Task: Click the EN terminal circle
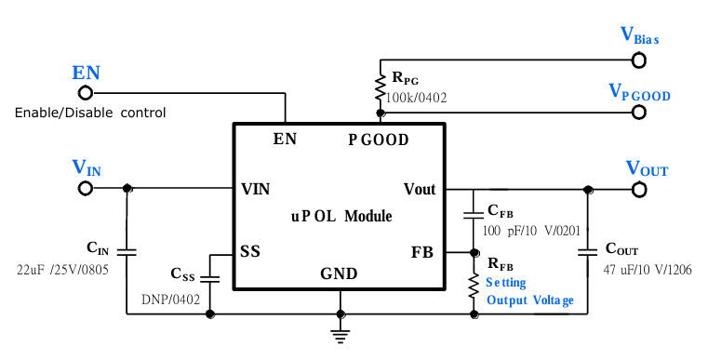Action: point(86,93)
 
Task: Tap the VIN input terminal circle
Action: point(86,188)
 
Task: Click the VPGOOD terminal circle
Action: point(639,112)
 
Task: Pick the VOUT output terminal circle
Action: point(639,189)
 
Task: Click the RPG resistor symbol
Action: point(380,87)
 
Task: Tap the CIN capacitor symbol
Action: point(127,251)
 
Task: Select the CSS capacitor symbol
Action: point(210,277)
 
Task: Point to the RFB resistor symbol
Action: point(474,282)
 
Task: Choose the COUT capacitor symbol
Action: point(588,251)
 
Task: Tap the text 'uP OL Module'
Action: point(341,217)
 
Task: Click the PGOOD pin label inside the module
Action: point(379,140)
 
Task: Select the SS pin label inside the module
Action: point(250,252)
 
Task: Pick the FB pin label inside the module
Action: point(422,252)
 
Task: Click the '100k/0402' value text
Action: point(420,98)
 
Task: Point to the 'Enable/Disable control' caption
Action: point(90,113)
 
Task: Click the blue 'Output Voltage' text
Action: point(530,300)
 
